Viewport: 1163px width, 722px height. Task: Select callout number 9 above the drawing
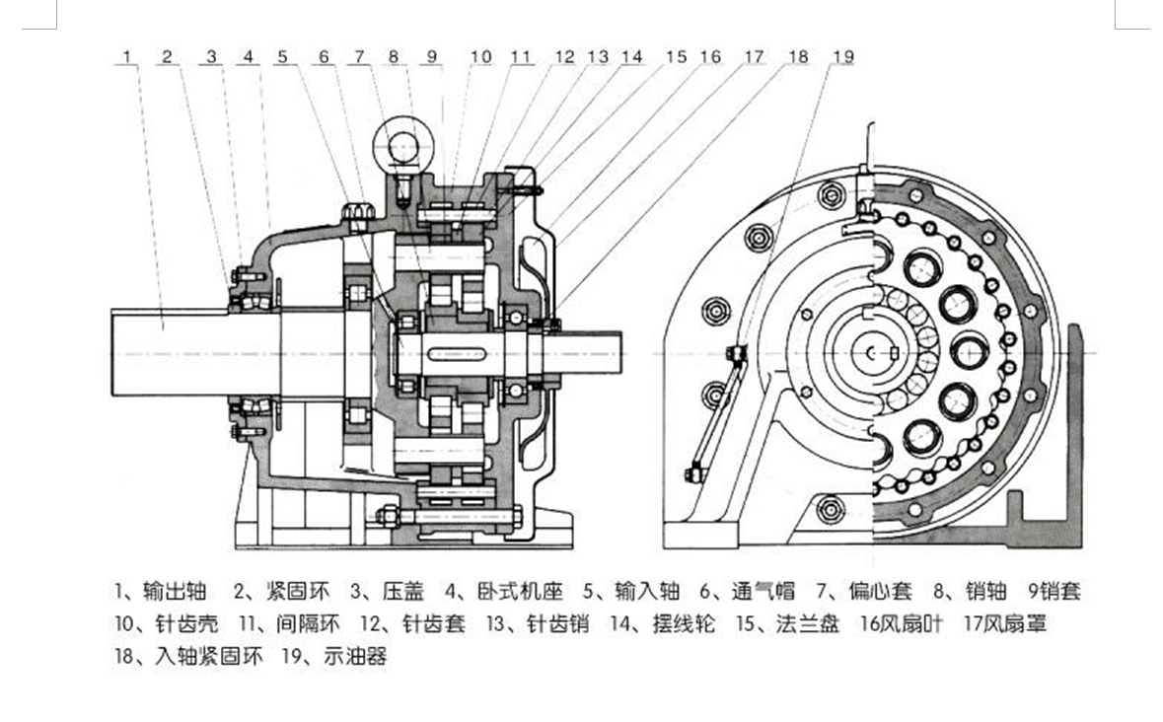[x=431, y=57]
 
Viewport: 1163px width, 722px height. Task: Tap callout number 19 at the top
[x=842, y=57]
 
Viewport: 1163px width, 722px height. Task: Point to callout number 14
[x=631, y=57]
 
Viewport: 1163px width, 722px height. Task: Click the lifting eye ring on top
[x=402, y=149]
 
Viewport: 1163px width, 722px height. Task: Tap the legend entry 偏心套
[x=879, y=592]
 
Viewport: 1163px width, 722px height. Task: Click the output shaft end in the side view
[x=148, y=351]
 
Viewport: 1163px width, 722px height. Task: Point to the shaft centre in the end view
[x=873, y=352]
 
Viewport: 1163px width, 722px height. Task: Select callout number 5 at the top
[x=283, y=57]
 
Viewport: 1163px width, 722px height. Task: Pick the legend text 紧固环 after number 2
[x=296, y=592]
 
